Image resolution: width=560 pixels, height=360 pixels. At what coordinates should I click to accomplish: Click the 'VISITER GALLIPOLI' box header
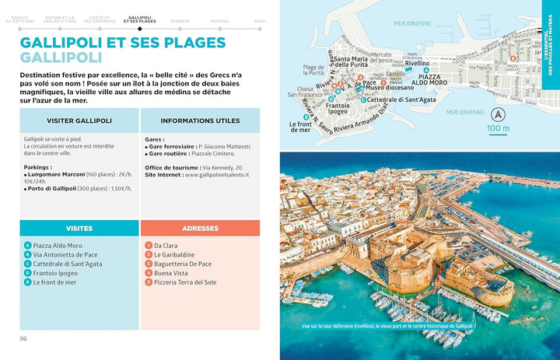coord(79,121)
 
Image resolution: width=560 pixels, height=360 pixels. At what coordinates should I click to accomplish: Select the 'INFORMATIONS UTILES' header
coord(200,121)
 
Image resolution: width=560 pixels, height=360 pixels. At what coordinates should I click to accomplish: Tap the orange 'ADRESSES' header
coord(200,228)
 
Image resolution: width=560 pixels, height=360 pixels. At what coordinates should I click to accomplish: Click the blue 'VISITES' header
coord(79,228)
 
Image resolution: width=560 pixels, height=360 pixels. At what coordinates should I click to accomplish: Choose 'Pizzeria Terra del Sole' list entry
coord(187,282)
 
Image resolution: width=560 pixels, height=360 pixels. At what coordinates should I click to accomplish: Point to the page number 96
coord(24,338)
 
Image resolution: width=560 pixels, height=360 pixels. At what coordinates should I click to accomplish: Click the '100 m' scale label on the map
coord(498,128)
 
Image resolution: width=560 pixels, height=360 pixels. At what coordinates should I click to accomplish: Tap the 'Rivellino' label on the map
coord(417,63)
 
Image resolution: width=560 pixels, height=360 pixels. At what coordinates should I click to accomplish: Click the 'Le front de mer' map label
coord(301,127)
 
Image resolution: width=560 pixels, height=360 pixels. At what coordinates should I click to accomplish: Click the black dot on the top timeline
coord(140,28)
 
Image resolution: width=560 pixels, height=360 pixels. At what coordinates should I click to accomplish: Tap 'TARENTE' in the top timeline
coord(180,21)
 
